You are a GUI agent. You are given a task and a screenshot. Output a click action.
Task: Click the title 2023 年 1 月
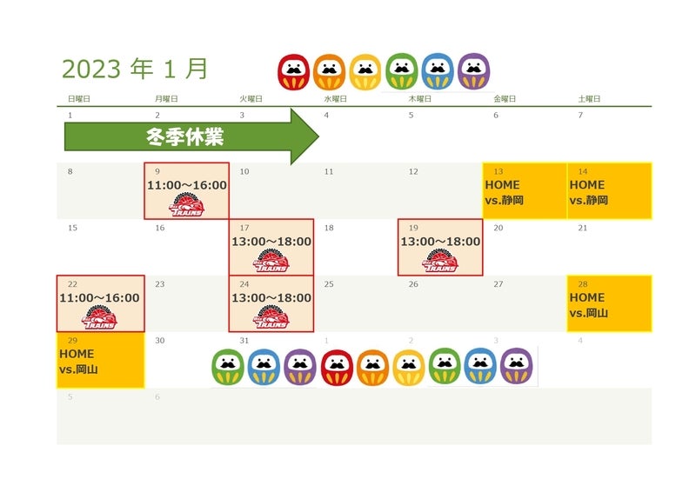click(x=135, y=70)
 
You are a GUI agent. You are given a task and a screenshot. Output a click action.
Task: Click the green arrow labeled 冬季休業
click(x=191, y=136)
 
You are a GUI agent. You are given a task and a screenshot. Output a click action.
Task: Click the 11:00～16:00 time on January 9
click(x=187, y=185)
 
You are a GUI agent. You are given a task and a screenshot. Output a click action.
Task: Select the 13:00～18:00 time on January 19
click(x=440, y=242)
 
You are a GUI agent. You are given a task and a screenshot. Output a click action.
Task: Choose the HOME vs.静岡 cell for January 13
click(x=525, y=191)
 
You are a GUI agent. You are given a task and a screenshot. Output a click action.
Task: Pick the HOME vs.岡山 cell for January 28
click(x=609, y=303)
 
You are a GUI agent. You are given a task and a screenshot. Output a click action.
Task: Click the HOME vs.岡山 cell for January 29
click(x=100, y=360)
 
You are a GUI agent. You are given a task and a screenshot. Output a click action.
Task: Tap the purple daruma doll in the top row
click(x=473, y=72)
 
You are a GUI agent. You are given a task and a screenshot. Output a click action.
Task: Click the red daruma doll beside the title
click(x=293, y=72)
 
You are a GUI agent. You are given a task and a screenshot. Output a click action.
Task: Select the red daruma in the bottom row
click(x=337, y=368)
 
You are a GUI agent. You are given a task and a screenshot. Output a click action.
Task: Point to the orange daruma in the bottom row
click(x=372, y=368)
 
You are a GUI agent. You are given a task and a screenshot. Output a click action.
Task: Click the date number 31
click(x=244, y=341)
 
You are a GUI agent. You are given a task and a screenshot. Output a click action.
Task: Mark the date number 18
click(x=329, y=228)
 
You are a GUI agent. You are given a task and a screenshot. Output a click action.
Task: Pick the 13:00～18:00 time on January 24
click(x=271, y=298)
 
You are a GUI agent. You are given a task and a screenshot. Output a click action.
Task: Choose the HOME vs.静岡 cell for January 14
click(x=609, y=191)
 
